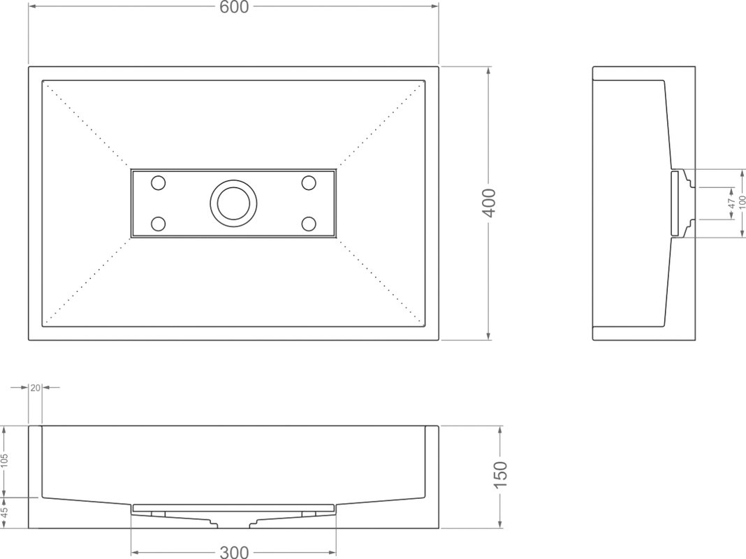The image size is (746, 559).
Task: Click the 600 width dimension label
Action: [233, 7]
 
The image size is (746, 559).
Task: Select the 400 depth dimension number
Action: [489, 203]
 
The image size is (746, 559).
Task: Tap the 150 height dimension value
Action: [501, 474]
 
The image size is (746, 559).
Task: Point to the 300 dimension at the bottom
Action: [233, 552]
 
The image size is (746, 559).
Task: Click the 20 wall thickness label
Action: [35, 388]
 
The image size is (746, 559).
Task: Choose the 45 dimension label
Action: [5, 513]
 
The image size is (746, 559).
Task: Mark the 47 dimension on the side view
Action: [732, 203]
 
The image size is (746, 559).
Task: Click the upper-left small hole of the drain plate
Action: [158, 182]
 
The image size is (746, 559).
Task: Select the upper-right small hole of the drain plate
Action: [309, 182]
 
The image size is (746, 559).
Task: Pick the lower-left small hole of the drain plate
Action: [158, 224]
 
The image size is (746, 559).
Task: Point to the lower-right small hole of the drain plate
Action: [309, 224]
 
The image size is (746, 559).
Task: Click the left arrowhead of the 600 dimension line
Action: [32, 7]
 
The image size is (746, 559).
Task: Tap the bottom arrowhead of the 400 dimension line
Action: [489, 336]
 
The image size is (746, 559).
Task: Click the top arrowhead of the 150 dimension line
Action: [501, 430]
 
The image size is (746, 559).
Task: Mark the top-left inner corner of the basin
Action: [43, 80]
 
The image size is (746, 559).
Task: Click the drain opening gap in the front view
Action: [233, 525]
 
